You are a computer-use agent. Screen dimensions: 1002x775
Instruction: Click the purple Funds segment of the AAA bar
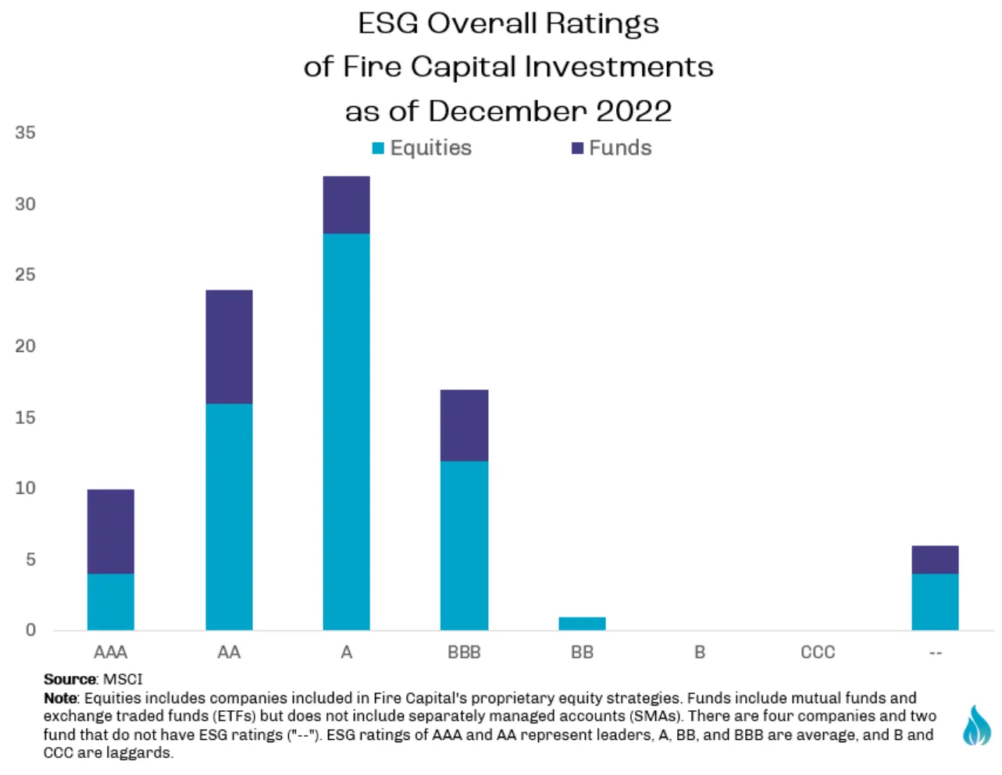[x=111, y=531]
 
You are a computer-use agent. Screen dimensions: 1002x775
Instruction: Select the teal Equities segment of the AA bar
[x=229, y=517]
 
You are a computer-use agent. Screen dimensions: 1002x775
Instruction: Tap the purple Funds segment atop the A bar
[x=346, y=204]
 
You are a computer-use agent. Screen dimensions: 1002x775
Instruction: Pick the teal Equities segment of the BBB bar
[x=465, y=545]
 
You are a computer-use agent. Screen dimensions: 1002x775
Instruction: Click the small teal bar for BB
[x=582, y=624]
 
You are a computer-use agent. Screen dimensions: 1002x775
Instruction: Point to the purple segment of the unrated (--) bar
[x=935, y=560]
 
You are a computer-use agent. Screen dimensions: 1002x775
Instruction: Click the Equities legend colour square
[x=378, y=148]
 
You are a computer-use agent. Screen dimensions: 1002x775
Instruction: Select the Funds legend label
[x=620, y=148]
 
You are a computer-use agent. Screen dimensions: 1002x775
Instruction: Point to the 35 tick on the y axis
[x=25, y=133]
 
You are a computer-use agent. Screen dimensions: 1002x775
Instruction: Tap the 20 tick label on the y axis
[x=25, y=346]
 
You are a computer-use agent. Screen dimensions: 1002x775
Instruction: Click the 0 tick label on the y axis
[x=30, y=630]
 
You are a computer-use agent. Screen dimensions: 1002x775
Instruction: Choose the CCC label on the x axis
[x=818, y=652]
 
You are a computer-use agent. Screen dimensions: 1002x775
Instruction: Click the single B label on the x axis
[x=700, y=652]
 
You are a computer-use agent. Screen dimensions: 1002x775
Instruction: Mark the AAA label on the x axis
[x=111, y=652]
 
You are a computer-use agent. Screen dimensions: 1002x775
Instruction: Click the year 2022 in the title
[x=634, y=111]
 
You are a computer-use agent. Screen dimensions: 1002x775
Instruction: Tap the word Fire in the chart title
[x=372, y=67]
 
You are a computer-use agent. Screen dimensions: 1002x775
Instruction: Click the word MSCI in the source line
[x=123, y=679]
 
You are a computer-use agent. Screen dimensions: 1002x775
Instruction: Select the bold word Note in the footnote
[x=60, y=698]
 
